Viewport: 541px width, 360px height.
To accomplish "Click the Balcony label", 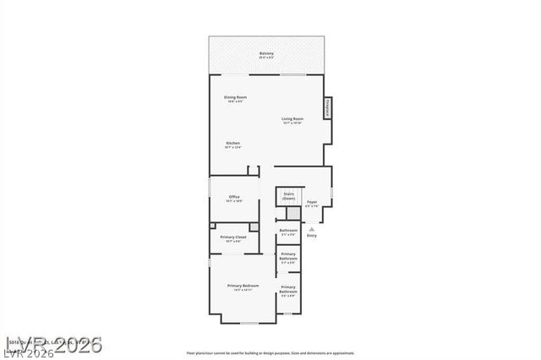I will (x=266, y=53).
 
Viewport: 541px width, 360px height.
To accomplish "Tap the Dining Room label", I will (x=235, y=97).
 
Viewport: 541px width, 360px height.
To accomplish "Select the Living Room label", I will (x=292, y=119).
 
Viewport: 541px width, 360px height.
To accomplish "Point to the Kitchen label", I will (x=233, y=143).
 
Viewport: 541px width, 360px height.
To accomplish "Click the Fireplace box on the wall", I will (x=328, y=107).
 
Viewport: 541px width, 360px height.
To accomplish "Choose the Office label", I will (x=234, y=197).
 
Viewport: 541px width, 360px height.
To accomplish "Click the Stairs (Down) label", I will (x=288, y=195).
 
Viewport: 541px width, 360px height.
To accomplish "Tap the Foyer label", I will (x=312, y=202).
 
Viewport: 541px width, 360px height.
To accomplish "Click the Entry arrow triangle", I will (x=312, y=228).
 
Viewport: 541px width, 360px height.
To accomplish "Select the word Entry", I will (x=312, y=235).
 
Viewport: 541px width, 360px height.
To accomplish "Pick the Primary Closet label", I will (x=234, y=237).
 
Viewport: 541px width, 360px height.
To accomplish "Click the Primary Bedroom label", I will (x=243, y=286).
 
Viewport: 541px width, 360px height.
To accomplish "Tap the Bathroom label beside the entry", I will (x=288, y=230).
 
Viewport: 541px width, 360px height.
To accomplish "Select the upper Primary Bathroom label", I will (x=288, y=255).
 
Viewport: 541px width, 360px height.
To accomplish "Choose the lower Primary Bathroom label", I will (x=288, y=290).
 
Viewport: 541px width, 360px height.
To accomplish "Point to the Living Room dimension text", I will (x=292, y=123).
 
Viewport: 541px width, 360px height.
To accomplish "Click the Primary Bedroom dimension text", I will (x=243, y=291).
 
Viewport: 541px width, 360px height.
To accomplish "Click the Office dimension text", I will (x=234, y=201).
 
